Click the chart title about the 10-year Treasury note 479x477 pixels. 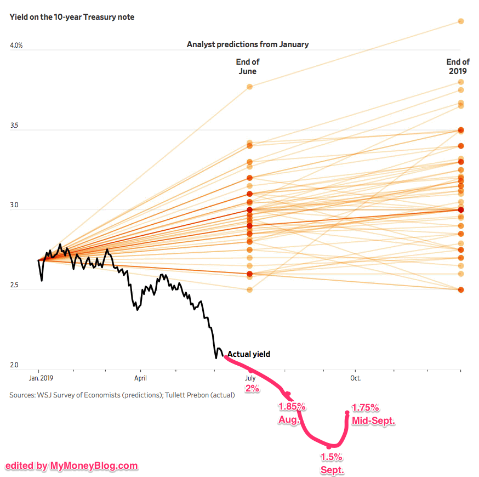click(72, 17)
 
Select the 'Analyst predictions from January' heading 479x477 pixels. click(248, 44)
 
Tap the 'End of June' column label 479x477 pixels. click(248, 66)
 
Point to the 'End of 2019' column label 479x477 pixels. click(458, 66)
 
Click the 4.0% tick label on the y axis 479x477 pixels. click(16, 46)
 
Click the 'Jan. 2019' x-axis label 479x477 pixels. click(42, 378)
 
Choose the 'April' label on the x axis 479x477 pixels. click(141, 378)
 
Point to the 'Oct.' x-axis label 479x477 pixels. click(355, 378)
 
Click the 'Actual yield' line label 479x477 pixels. click(249, 354)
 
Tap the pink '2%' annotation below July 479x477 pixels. click(252, 388)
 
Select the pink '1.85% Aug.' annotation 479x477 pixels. click(291, 413)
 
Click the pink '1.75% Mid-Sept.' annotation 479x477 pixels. click(373, 414)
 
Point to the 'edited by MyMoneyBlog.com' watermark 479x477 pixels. click(72, 466)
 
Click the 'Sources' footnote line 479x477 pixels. click(122, 395)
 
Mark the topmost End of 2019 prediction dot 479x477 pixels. click(461, 21)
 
